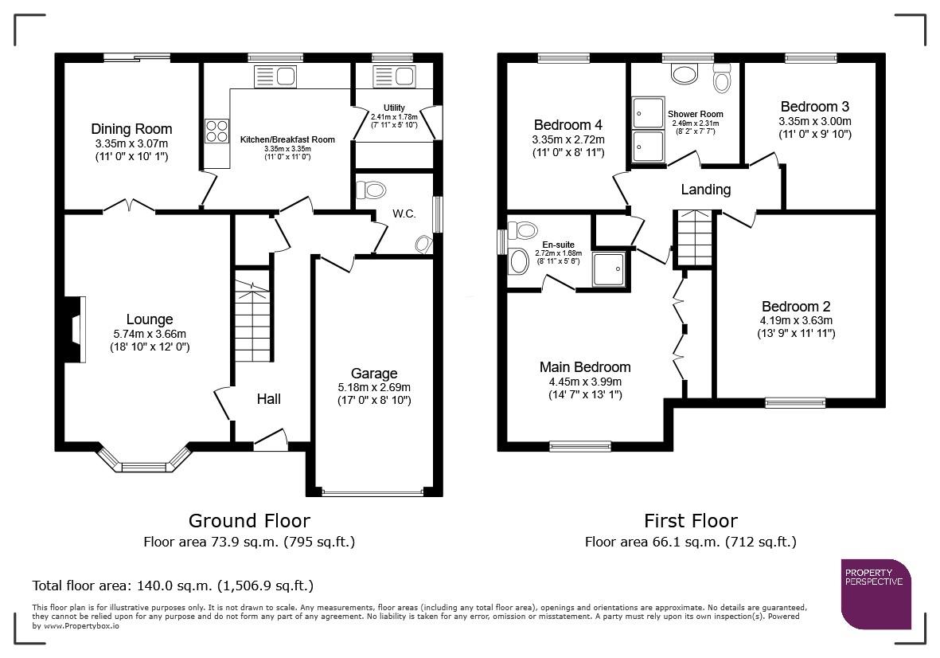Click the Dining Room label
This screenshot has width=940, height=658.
pos(131,129)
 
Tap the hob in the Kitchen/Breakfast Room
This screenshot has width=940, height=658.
pos(217,131)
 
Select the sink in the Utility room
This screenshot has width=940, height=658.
pos(393,76)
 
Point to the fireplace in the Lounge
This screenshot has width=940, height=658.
pos(74,329)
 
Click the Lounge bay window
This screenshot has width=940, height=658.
pos(145,460)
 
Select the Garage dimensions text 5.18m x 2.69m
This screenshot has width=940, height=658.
pos(374,387)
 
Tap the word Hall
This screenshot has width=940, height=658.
pos(268,399)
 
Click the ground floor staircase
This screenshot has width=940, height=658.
pos(252,322)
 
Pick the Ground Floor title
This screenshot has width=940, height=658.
pos(249,520)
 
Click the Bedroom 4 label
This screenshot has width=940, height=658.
pos(568,125)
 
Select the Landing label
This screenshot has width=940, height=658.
pos(706,190)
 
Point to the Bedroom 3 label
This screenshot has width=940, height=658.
pos(815,107)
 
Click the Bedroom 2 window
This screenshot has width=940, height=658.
pos(795,402)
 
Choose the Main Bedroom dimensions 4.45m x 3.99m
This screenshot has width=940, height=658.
pos(585,382)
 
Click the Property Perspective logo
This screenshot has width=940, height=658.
pos(876,594)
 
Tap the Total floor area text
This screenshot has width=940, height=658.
pos(173,586)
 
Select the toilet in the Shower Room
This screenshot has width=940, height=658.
pos(723,79)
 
